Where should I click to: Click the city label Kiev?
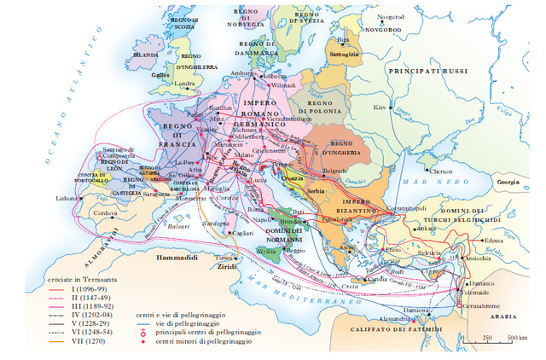pos(379,109)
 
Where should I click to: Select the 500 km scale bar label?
pos(515,338)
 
